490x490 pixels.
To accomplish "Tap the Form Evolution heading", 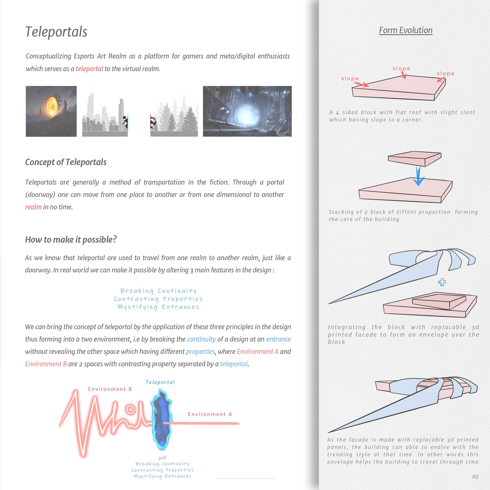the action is [405, 30].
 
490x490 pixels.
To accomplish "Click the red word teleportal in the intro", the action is [89, 69].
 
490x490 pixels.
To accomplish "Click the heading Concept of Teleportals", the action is [66, 162].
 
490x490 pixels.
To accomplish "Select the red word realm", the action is [33, 207].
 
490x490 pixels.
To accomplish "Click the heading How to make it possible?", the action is [71, 239].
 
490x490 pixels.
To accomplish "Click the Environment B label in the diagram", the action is [110, 389].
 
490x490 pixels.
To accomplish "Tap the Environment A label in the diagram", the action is [210, 414].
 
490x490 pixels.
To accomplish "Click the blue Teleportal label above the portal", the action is [160, 382].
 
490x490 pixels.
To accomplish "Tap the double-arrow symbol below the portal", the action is [162, 458].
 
